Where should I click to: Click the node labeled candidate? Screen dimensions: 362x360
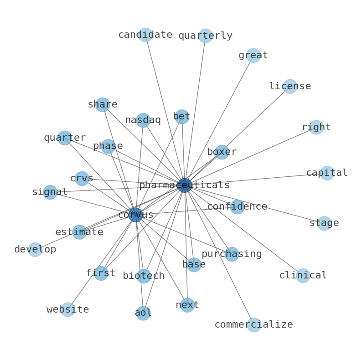point(145,35)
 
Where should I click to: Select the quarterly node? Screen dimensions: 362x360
point(205,36)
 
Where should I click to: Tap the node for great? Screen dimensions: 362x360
point(253,56)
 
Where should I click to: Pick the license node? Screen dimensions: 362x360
point(290,86)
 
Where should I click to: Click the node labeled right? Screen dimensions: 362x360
point(316,127)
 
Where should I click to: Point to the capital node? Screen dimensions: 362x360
point(327,173)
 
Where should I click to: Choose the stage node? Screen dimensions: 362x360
point(324,223)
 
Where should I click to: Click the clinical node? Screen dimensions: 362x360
point(303,276)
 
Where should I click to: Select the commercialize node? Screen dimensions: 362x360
point(254,325)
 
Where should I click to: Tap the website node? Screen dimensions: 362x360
point(67,309)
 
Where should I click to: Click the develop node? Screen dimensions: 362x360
point(35,249)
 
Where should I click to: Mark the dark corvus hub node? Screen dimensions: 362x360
point(135,215)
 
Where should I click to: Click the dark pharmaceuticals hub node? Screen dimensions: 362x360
point(185,185)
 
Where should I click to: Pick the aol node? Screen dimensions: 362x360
point(143,313)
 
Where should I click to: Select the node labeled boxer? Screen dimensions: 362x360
point(222,152)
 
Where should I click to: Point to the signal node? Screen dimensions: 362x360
point(50,192)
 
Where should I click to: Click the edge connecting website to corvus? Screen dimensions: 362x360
point(102,262)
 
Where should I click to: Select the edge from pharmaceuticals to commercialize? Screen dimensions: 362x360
point(219,255)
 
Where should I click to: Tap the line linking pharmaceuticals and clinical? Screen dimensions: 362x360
point(244,230)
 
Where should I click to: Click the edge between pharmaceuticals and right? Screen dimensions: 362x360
point(250,156)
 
